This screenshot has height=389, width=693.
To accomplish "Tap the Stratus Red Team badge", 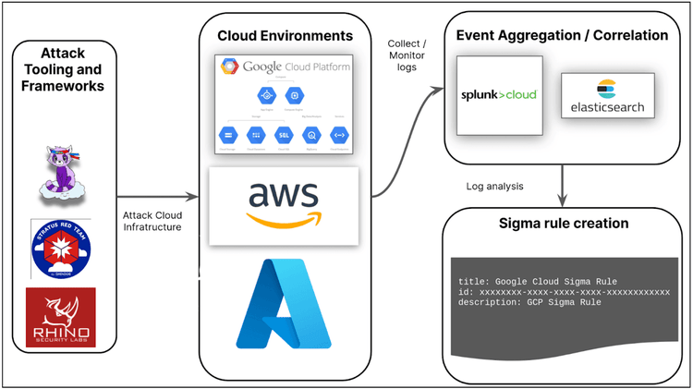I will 60,248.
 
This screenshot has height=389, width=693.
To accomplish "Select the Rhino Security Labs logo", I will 60,317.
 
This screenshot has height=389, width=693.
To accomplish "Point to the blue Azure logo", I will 283,304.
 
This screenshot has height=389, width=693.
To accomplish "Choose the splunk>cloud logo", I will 499,94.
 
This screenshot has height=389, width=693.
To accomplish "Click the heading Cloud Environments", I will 285,36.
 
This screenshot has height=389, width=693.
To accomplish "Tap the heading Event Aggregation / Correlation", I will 563,36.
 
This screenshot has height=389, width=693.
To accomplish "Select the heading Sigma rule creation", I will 564,224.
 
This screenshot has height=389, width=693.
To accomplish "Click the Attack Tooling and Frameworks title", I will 60,68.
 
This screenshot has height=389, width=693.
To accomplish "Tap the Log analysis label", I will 495,186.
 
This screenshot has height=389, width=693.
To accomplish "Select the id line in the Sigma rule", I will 564,291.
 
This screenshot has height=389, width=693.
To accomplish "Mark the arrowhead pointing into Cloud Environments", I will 195,197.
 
